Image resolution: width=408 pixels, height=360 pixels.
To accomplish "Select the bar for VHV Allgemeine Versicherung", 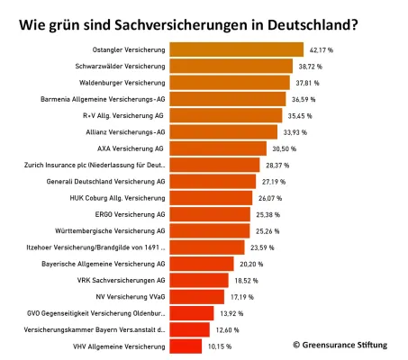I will point(185,346).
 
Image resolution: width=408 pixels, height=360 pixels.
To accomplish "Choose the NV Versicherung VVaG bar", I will point(196,296).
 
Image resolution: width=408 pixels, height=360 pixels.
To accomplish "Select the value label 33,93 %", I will point(294,131).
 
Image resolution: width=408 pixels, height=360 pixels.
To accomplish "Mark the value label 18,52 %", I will point(245,280).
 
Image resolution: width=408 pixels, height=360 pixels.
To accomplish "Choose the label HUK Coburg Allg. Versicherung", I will point(117,198).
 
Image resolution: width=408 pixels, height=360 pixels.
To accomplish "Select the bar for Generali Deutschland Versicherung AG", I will point(213,181).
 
